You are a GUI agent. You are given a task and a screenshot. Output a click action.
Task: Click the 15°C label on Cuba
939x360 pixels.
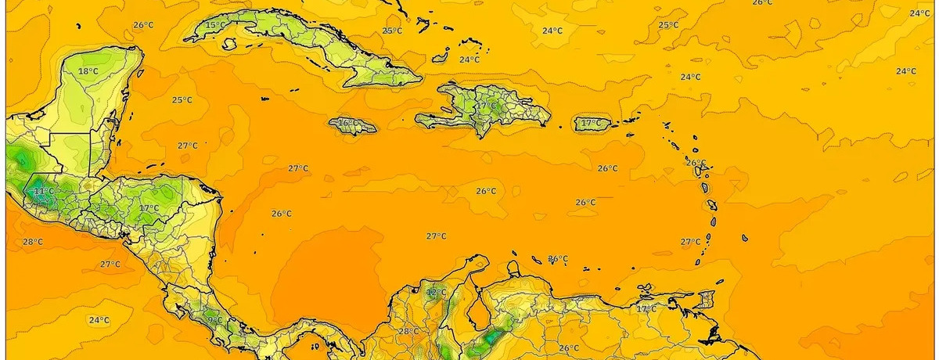[215, 26]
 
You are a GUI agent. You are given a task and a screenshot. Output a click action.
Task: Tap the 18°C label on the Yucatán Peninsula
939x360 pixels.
[88, 71]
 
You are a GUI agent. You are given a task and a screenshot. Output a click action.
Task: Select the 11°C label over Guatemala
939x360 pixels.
[44, 190]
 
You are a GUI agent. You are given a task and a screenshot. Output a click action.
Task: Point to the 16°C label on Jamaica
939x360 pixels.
[347, 123]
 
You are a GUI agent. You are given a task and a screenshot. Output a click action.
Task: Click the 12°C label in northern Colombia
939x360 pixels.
[436, 293]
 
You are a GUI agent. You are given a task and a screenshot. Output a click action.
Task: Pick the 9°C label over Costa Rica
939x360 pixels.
[214, 319]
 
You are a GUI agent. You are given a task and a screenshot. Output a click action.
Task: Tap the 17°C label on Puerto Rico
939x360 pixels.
[591, 123]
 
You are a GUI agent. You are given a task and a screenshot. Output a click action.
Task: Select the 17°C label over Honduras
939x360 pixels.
[149, 208]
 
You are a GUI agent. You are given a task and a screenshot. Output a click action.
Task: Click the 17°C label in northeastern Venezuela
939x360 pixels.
[646, 309]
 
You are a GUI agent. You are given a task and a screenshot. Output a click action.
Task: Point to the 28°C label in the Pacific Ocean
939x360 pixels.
[32, 242]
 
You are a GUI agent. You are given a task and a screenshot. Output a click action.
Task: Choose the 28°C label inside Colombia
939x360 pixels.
[408, 332]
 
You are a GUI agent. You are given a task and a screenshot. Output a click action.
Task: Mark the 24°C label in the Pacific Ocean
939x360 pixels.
[99, 319]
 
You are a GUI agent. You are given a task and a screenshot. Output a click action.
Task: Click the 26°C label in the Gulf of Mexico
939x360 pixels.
[143, 25]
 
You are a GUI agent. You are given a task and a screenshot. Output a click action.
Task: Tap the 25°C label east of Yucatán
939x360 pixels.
[182, 99]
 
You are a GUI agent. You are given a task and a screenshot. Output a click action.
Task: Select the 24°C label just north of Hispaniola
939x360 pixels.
[469, 59]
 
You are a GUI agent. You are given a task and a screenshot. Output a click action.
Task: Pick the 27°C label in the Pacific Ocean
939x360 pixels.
[110, 264]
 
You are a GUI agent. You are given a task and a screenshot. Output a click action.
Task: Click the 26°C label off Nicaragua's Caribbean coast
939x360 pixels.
[282, 214]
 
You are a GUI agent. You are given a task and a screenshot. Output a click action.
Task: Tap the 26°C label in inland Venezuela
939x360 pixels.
[569, 347]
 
